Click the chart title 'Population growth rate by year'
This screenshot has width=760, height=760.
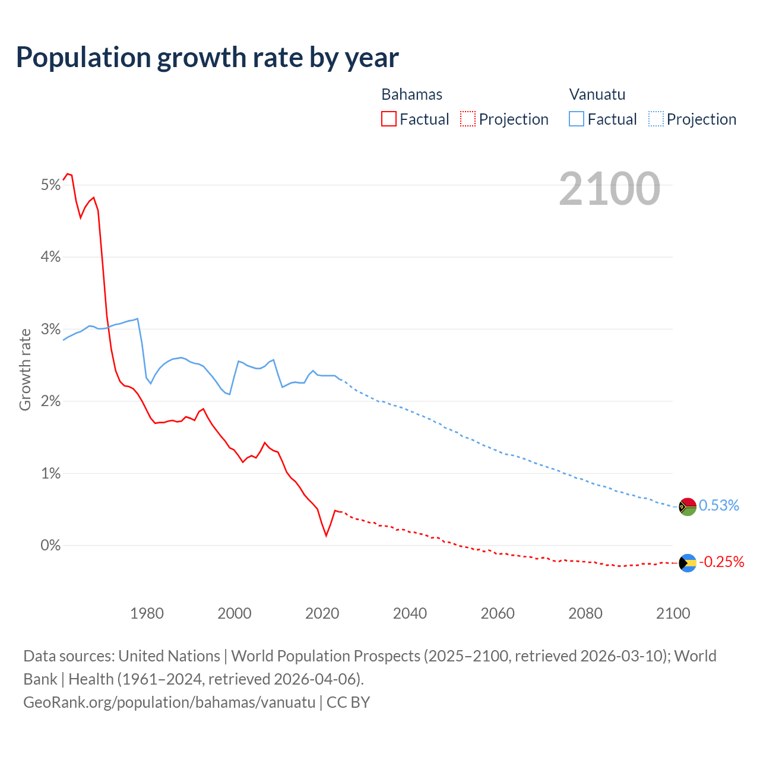[207, 58]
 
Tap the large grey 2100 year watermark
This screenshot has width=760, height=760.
[609, 189]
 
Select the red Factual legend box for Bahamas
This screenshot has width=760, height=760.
[389, 119]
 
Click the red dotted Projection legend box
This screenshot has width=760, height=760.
[468, 119]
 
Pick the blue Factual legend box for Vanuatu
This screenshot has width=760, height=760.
[577, 119]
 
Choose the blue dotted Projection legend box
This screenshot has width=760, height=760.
[656, 119]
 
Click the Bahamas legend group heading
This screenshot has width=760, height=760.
[411, 94]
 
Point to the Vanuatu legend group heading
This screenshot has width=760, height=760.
[597, 94]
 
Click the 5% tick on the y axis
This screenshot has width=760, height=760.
[51, 185]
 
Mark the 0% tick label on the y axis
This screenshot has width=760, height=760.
[51, 545]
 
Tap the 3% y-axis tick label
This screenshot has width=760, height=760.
[51, 330]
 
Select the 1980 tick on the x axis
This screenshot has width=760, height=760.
[147, 613]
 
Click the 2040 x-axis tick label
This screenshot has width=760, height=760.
[410, 613]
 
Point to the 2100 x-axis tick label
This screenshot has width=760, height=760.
[673, 613]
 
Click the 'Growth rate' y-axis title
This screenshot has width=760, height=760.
[25, 369]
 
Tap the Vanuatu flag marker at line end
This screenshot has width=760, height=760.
[688, 506]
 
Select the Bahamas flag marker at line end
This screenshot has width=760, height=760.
[688, 563]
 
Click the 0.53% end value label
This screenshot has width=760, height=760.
[718, 505]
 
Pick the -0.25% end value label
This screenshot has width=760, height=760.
[721, 562]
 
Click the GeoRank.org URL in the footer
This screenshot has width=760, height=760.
[169, 702]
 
